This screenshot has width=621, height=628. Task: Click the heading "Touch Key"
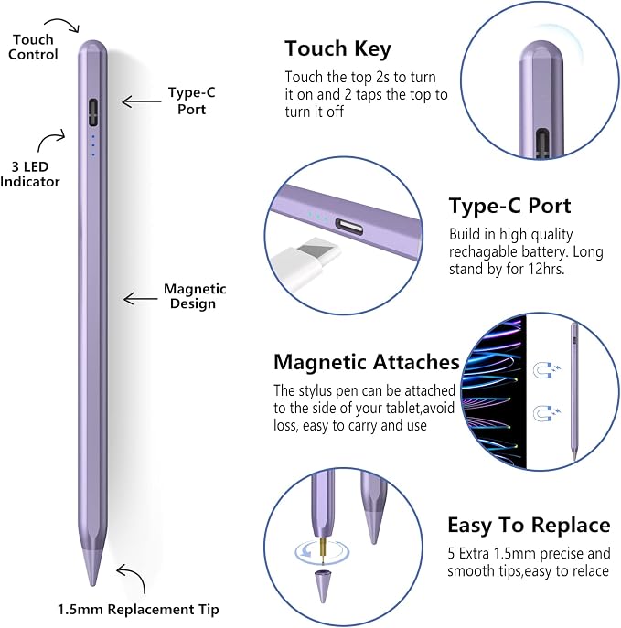[337, 48]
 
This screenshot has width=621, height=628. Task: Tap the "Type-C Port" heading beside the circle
[509, 206]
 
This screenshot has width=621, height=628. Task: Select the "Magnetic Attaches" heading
[366, 362]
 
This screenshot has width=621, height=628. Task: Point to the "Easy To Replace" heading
[529, 525]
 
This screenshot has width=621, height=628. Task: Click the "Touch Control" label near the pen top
[33, 47]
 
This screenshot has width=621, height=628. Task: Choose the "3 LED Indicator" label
[29, 175]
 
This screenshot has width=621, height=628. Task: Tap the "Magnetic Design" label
[195, 296]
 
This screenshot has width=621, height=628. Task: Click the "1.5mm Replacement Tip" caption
[139, 609]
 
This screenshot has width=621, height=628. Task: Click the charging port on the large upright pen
[93, 112]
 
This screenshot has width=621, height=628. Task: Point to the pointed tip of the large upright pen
[93, 585]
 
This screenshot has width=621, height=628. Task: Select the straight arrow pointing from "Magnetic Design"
[140, 298]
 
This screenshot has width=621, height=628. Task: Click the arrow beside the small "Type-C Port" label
[142, 101]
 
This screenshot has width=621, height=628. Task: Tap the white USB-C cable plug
[304, 261]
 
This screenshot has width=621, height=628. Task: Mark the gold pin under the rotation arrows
[322, 548]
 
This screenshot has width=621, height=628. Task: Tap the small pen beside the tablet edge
[574, 391]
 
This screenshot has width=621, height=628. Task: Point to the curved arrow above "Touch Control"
[63, 23]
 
